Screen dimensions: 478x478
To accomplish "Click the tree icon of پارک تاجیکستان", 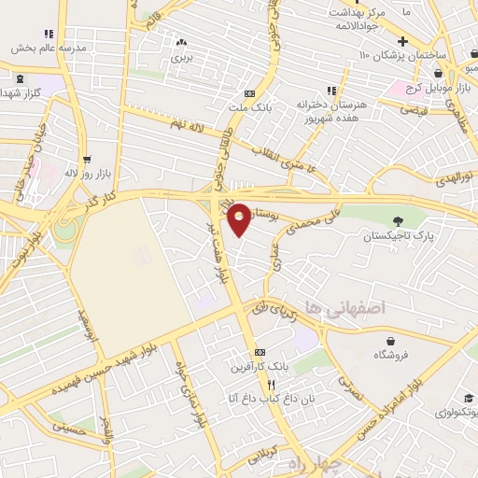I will [399, 220].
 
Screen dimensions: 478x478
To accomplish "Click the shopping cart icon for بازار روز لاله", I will [87, 160].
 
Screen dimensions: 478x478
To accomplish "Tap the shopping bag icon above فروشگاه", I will [383, 340].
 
